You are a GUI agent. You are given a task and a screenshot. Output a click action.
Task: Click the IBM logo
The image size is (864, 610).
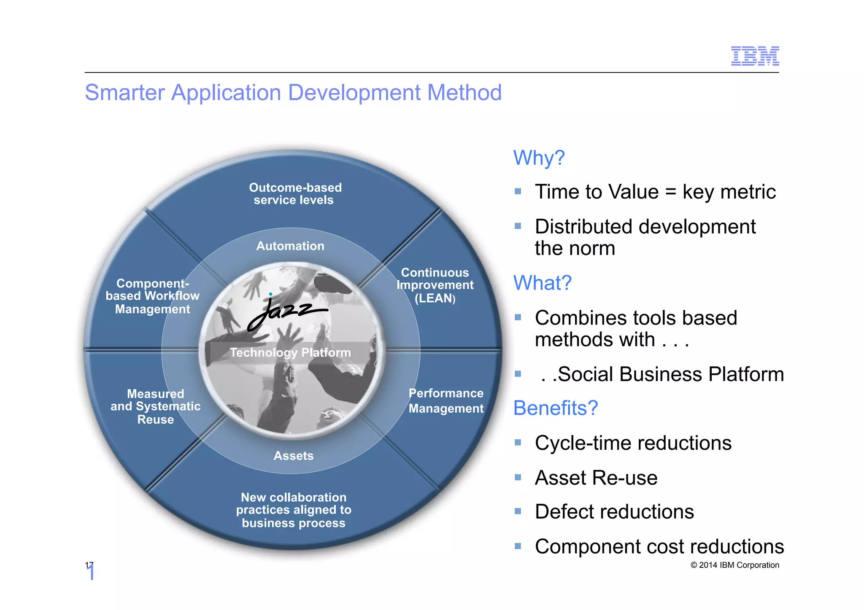tap(754, 56)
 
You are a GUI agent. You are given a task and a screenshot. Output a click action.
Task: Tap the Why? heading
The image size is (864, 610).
tap(539, 158)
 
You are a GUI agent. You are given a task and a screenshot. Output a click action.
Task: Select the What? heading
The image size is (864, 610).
tap(542, 283)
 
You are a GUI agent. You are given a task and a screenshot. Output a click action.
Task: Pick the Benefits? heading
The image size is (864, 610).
tap(555, 408)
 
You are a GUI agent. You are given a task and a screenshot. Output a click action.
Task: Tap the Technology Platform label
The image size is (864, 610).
tap(290, 352)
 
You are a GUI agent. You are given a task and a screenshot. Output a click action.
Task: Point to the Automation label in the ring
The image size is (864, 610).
tap(290, 246)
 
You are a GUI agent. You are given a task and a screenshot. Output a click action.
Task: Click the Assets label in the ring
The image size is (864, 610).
tap(293, 456)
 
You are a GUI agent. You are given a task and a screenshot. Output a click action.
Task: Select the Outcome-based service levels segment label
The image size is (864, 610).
tap(294, 194)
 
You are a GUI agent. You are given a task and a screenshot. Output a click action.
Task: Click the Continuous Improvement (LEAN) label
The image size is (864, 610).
tap(435, 285)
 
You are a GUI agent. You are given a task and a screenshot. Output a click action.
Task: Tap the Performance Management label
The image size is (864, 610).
tap(446, 400)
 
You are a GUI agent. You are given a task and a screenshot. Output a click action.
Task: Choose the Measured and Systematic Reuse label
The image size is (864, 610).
tap(155, 406)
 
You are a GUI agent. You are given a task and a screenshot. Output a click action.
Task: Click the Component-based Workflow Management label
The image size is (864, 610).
tap(152, 296)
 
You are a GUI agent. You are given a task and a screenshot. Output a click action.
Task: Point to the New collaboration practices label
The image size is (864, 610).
tap(294, 510)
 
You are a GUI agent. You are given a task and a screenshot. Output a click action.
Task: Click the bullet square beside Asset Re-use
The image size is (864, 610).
tap(518, 477)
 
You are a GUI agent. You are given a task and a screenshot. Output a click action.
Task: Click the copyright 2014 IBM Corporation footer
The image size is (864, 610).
tap(734, 565)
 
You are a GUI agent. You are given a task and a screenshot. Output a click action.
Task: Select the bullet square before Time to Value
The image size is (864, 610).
tap(518, 191)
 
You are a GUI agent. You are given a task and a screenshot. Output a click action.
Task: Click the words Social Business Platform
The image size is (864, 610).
tap(670, 374)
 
